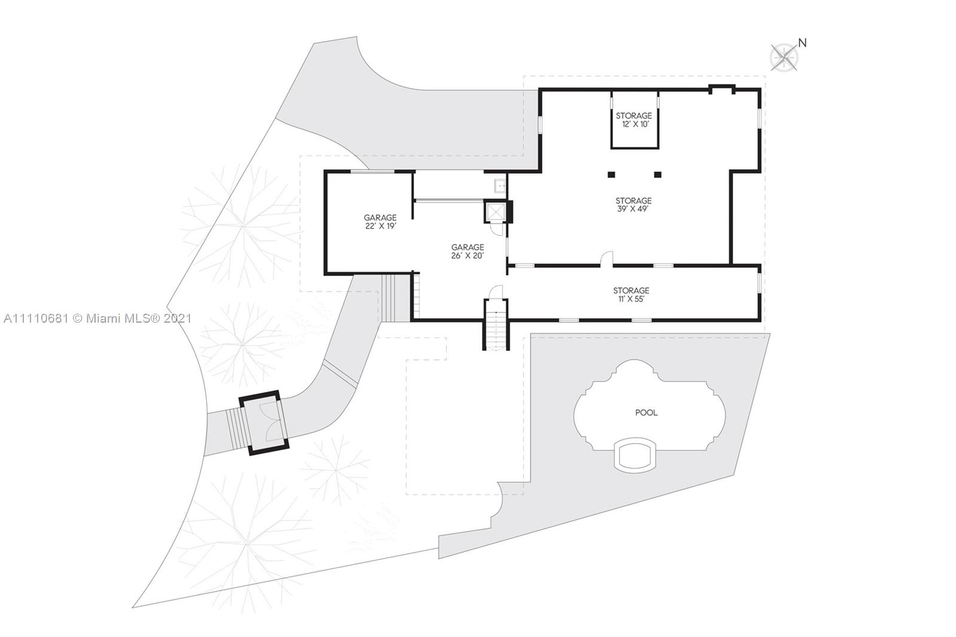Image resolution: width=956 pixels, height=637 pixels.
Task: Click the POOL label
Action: tap(646, 412)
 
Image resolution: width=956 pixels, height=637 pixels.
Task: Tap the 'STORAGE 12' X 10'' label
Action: tap(634, 120)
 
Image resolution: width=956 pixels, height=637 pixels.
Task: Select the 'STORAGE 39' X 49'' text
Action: tap(633, 204)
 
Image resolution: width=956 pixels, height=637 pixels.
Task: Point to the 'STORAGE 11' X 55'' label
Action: tap(631, 295)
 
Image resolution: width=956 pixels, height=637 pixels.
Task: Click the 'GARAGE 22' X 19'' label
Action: tap(380, 222)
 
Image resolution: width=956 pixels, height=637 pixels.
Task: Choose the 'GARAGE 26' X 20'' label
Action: tap(468, 251)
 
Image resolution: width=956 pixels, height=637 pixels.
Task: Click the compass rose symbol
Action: tap(784, 57)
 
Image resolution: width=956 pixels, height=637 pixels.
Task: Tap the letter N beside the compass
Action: tap(802, 43)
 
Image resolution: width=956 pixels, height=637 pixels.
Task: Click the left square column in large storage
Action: tap(612, 174)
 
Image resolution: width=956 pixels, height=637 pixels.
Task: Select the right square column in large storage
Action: tap(658, 174)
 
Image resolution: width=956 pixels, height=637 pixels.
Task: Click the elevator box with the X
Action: tap(495, 212)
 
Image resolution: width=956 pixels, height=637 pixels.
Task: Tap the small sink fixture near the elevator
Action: tap(500, 186)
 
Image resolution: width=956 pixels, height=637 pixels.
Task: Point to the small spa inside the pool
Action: tap(635, 455)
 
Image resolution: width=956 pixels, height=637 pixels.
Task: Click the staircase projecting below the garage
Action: tap(496, 325)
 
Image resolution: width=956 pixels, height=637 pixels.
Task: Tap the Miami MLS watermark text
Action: tap(98, 318)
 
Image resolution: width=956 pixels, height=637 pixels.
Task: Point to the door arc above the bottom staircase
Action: tap(497, 292)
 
